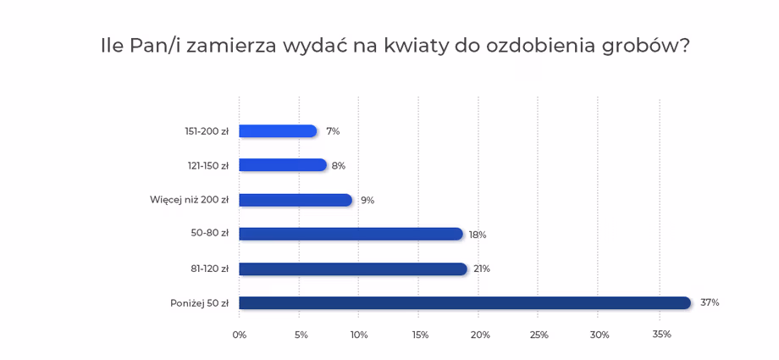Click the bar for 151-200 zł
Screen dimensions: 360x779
click(278, 131)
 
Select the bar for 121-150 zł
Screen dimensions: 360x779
click(283, 165)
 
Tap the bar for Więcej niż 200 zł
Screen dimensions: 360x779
click(295, 200)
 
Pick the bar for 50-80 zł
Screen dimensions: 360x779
click(351, 234)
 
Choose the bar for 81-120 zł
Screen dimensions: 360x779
click(353, 269)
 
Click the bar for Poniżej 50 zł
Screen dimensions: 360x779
click(465, 302)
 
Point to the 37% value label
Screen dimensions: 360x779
click(710, 302)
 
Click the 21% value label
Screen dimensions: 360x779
click(482, 269)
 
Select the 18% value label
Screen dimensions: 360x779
click(478, 235)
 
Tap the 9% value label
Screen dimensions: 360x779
click(367, 201)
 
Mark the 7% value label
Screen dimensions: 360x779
click(333, 131)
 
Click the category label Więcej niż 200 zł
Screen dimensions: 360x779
click(189, 200)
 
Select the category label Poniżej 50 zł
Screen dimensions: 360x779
click(199, 303)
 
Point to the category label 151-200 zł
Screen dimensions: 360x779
click(207, 131)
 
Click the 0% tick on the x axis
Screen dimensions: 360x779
click(240, 335)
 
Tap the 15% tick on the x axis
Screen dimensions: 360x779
click(420, 335)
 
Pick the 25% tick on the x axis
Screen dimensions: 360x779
click(539, 335)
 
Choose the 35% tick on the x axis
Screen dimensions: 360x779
click(661, 335)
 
